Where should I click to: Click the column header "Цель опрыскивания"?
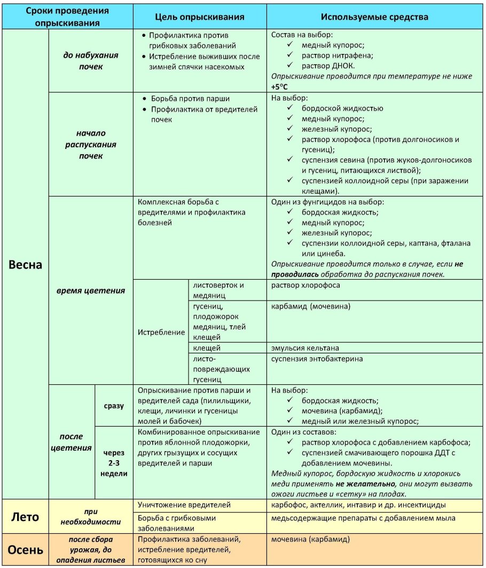(x=200, y=17)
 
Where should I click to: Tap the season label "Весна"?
(x=25, y=265)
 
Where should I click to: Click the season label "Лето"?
(x=25, y=516)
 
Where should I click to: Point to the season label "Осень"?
(x=25, y=549)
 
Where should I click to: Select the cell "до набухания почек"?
(x=91, y=61)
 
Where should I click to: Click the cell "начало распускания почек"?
(x=91, y=145)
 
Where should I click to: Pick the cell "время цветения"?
(x=91, y=290)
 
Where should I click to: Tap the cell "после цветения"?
(x=72, y=441)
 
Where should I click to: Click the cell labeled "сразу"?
(x=113, y=406)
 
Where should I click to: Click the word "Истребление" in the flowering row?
(x=161, y=332)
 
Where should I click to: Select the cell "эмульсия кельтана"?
(x=305, y=348)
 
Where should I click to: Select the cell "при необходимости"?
(x=91, y=516)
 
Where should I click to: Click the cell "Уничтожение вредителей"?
(x=177, y=504)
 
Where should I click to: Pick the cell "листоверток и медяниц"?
(x=219, y=290)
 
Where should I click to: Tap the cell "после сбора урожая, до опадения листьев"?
(x=91, y=549)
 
